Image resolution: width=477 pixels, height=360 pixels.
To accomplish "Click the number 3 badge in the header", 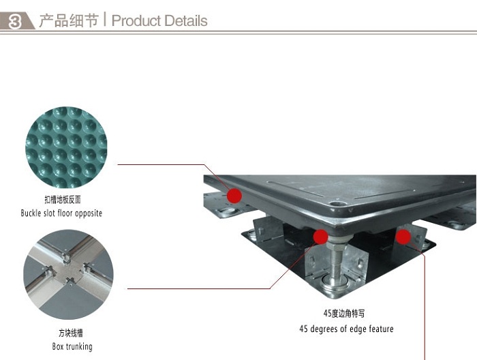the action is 15,21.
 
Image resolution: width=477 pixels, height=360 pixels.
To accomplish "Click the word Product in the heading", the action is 136,21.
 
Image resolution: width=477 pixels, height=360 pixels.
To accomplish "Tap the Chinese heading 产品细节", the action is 69,20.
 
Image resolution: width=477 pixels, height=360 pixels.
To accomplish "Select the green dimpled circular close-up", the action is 66,147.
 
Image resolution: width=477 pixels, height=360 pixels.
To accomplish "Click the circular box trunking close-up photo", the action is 68,275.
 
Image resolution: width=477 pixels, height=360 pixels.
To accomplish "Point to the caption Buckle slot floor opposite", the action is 61,213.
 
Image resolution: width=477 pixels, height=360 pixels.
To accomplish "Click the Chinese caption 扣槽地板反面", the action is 63,200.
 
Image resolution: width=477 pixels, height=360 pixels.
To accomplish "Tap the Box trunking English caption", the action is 72,346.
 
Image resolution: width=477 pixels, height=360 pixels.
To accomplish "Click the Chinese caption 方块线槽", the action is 71,333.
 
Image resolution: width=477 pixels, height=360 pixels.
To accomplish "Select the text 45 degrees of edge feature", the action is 346,329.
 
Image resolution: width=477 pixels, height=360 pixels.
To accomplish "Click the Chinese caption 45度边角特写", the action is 344,313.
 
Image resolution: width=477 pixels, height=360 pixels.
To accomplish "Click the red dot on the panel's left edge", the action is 234,196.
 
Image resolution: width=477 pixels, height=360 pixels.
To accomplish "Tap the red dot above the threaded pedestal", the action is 321,237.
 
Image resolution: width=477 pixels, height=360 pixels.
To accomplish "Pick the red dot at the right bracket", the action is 403,237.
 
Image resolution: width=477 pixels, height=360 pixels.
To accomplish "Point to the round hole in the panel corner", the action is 336,204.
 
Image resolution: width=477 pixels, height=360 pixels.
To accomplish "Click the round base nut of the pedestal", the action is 335,282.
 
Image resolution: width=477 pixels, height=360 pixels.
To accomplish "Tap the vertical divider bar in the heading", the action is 105,19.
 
